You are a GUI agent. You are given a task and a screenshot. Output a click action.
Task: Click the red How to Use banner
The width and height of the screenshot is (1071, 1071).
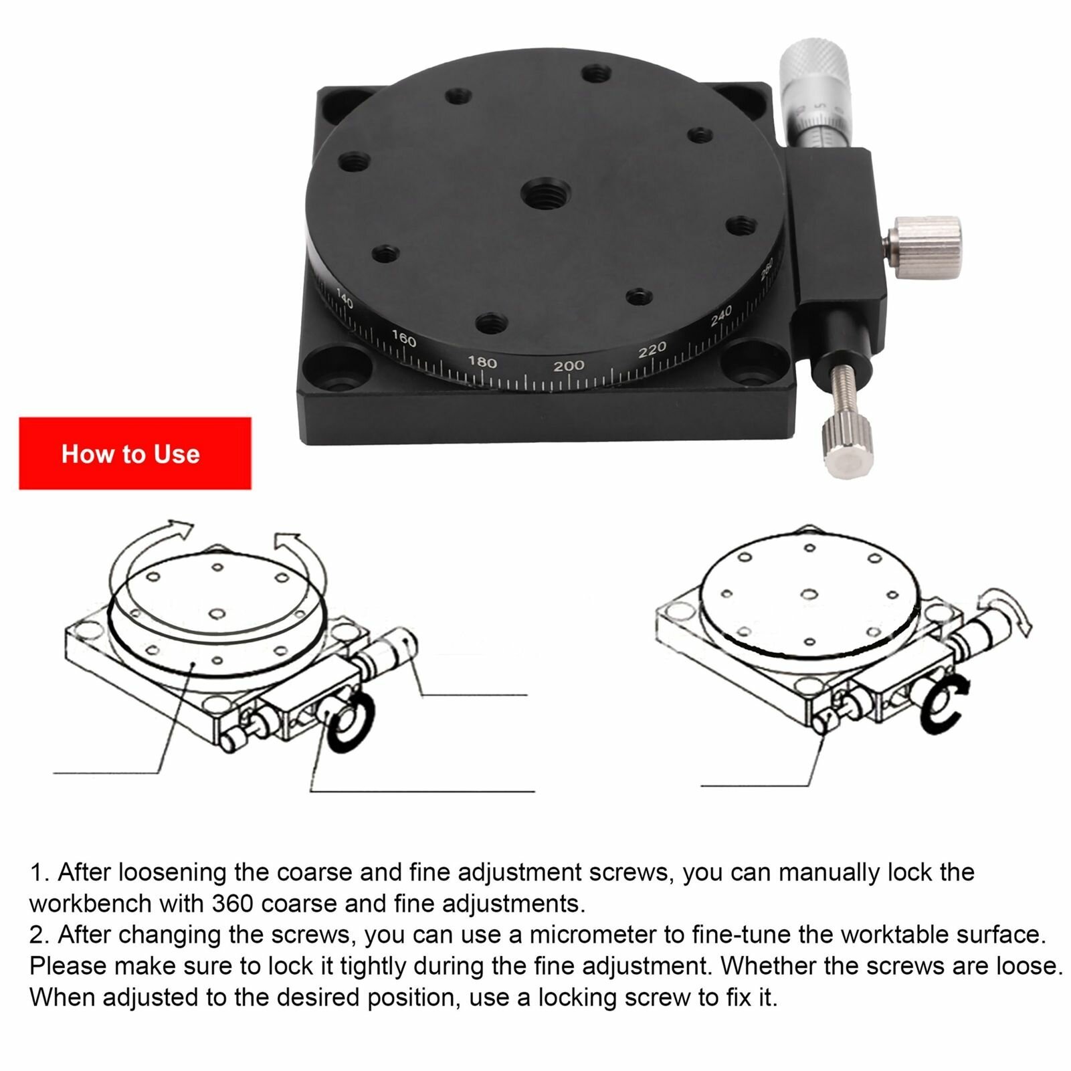134,454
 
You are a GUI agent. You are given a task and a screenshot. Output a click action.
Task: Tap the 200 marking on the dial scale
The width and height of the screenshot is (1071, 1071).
569,365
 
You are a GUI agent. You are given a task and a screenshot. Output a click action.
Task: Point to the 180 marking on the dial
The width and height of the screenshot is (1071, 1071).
482,362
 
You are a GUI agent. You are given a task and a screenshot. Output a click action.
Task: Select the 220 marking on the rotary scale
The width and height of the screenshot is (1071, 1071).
652,349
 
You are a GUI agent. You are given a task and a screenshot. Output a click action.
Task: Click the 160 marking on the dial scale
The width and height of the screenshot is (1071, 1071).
403,338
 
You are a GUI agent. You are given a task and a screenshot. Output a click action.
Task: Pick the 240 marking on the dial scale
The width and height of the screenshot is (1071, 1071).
721,315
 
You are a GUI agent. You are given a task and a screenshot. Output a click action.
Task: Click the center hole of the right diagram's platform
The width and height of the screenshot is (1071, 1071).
809,594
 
